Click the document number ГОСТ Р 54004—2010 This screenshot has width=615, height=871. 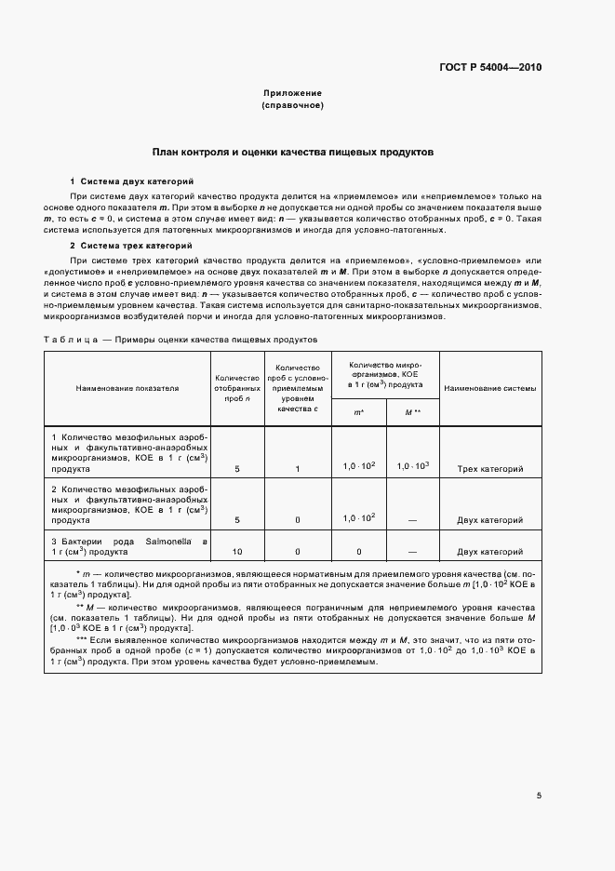[489, 68]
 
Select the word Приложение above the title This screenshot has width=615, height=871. [292, 93]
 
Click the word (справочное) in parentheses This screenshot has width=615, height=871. [292, 105]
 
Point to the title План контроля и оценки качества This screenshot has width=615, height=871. [292, 151]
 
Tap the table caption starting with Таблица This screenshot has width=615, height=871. [180, 340]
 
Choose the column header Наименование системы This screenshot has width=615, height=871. [490, 388]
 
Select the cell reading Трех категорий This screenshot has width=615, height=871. [490, 469]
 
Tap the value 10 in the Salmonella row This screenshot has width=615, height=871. [237, 552]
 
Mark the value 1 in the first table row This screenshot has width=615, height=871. [298, 469]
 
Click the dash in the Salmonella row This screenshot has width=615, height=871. [412, 552]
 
